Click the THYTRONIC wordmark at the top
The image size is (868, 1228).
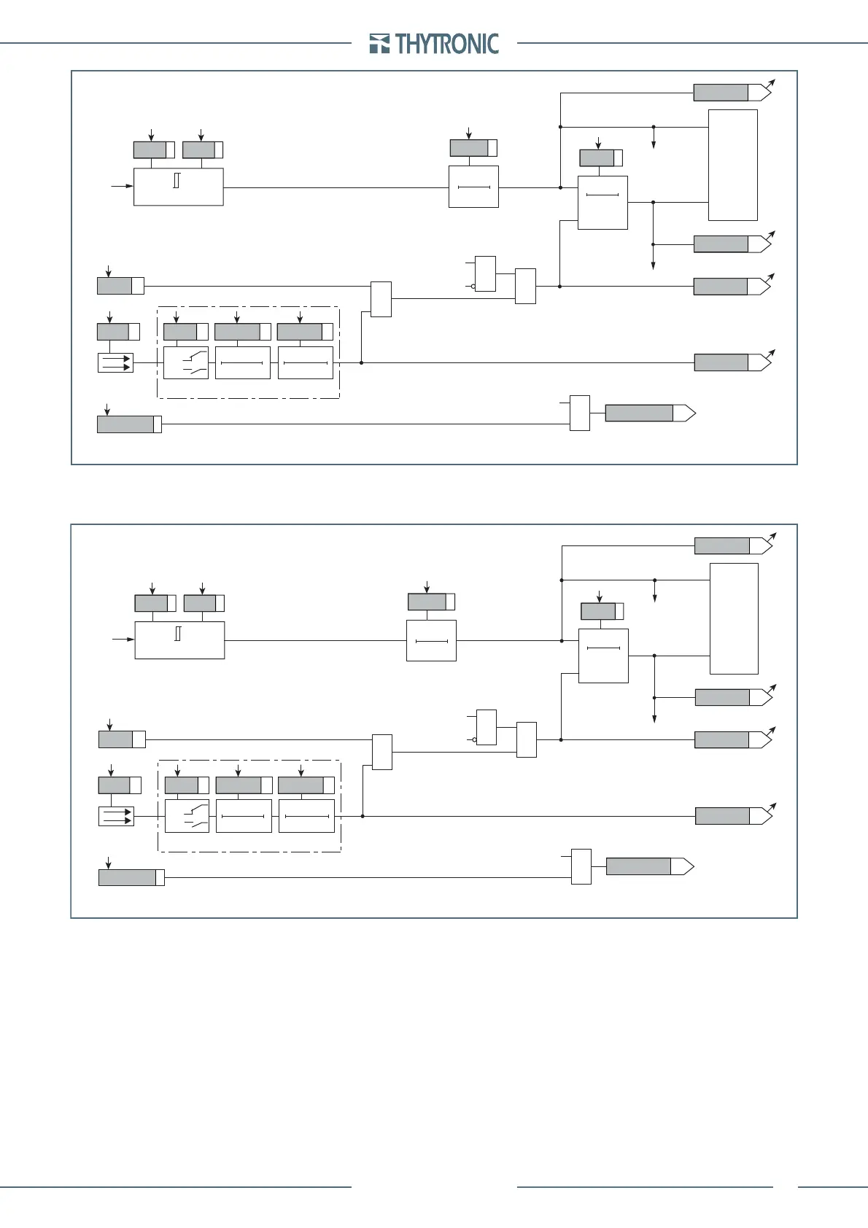pyautogui.click(x=447, y=44)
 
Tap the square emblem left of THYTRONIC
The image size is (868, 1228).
pyautogui.click(x=380, y=44)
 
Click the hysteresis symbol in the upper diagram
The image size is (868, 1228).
pyautogui.click(x=177, y=180)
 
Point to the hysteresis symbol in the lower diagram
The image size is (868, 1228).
pyautogui.click(x=178, y=634)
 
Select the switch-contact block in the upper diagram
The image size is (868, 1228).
pyautogui.click(x=185, y=362)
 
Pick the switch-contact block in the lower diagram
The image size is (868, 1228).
pyautogui.click(x=187, y=816)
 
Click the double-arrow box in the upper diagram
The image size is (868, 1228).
pyautogui.click(x=115, y=362)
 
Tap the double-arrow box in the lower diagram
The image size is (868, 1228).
pyautogui.click(x=116, y=815)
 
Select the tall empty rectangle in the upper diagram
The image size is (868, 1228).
pyautogui.click(x=732, y=165)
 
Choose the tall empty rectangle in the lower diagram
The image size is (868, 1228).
pyautogui.click(x=734, y=618)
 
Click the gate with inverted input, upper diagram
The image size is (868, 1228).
pyautogui.click(x=485, y=273)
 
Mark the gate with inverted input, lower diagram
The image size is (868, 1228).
pyautogui.click(x=486, y=727)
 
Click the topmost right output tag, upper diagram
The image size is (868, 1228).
pyautogui.click(x=732, y=93)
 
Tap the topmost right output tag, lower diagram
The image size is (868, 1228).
pyautogui.click(x=733, y=545)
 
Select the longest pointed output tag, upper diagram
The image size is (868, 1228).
pyautogui.click(x=650, y=413)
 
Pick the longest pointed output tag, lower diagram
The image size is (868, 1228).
pyautogui.click(x=649, y=866)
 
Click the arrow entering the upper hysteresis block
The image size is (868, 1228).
pyautogui.click(x=122, y=187)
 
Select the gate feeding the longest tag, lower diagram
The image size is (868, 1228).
pyautogui.click(x=581, y=866)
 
